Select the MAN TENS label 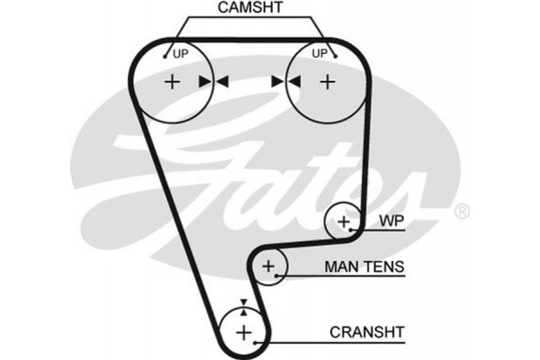[364, 267]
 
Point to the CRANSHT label [364, 330]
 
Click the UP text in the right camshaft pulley [319, 53]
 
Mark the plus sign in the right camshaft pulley [327, 82]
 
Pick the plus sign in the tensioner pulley [268, 266]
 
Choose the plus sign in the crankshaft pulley [244, 332]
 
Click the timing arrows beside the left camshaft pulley [214, 82]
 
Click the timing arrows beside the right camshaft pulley [285, 82]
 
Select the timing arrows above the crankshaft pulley [242, 306]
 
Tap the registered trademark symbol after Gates [461, 212]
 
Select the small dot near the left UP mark [165, 56]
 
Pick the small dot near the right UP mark [334, 56]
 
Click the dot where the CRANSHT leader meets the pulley [257, 342]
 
